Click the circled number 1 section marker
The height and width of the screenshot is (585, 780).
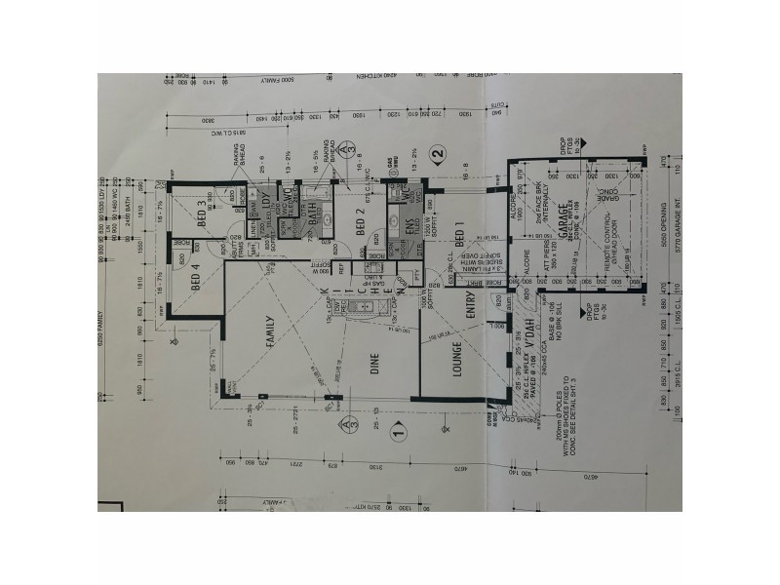(x=397, y=428)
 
